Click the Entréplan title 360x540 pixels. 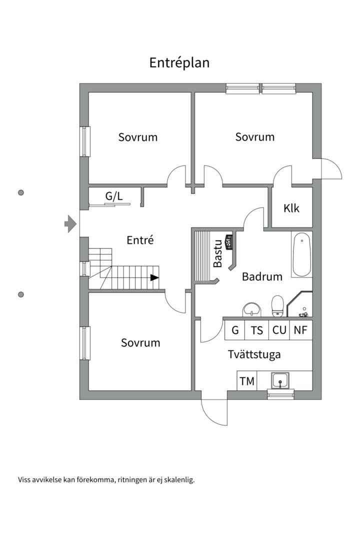179,63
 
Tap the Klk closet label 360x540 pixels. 291,208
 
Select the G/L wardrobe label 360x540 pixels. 114,196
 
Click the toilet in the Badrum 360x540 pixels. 277,305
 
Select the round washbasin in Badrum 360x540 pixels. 251,309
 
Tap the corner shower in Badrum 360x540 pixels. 301,305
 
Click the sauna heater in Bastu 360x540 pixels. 229,241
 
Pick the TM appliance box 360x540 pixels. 247,381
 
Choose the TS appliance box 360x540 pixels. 257,330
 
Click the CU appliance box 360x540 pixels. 279,330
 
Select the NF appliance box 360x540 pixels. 301,330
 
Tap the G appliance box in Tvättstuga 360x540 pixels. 235,330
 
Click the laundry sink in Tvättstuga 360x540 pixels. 280,381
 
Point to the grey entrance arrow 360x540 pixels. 70,223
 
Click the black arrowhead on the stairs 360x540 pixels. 154,277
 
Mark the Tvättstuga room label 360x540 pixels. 254,354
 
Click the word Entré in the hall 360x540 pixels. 140,240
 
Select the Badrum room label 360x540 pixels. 262,276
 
